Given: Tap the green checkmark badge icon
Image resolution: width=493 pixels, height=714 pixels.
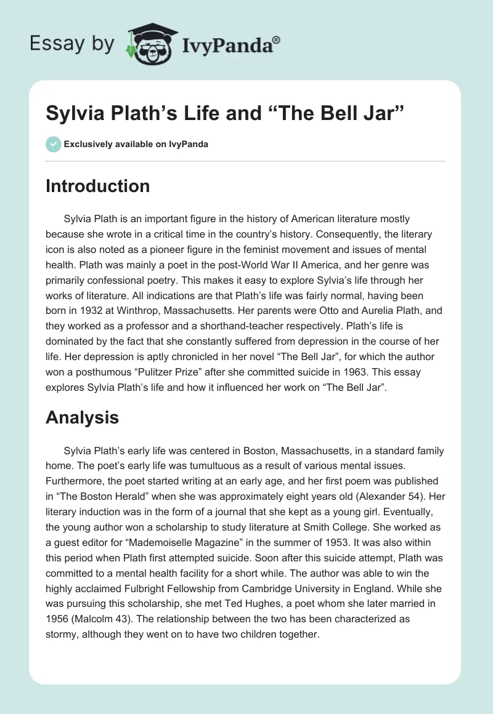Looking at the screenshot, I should [x=53, y=144].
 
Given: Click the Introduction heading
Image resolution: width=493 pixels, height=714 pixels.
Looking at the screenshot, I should [x=97, y=186].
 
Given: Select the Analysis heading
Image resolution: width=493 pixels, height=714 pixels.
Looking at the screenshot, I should [x=82, y=417].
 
